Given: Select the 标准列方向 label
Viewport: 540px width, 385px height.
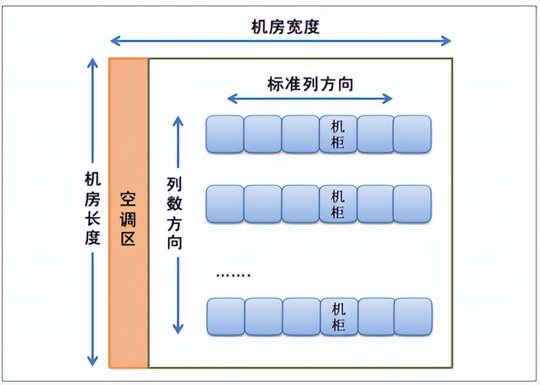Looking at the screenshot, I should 310,84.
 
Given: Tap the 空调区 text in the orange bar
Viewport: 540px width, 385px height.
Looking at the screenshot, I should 127,220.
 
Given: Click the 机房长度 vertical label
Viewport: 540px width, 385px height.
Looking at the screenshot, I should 92,208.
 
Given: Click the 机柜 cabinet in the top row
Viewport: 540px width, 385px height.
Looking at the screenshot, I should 338,135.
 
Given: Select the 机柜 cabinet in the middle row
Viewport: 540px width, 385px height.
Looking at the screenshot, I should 338,204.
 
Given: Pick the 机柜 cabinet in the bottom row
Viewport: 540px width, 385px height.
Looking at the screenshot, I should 338,317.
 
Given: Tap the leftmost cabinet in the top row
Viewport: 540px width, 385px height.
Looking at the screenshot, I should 225,135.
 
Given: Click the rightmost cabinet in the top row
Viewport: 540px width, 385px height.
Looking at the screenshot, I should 413,135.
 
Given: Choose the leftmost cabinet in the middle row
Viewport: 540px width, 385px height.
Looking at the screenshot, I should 225,204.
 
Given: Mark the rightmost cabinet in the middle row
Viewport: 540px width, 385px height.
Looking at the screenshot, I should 413,204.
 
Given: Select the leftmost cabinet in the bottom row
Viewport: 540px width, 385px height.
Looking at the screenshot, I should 225,317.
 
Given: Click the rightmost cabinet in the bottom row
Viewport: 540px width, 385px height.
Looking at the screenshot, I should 413,317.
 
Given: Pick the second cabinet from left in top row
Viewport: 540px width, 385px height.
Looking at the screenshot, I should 262,135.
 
